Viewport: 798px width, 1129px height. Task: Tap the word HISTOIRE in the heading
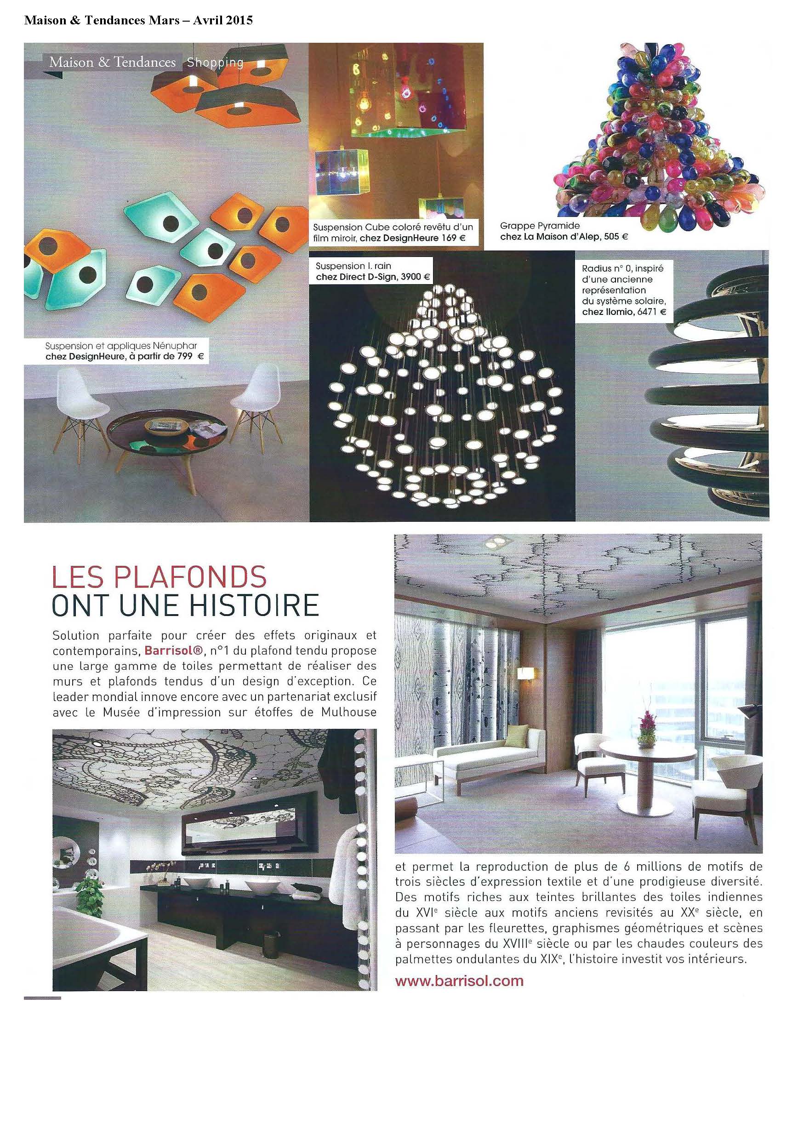point(255,606)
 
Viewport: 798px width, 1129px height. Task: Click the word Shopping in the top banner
point(215,63)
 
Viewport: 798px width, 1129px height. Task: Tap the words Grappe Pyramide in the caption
point(540,226)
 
